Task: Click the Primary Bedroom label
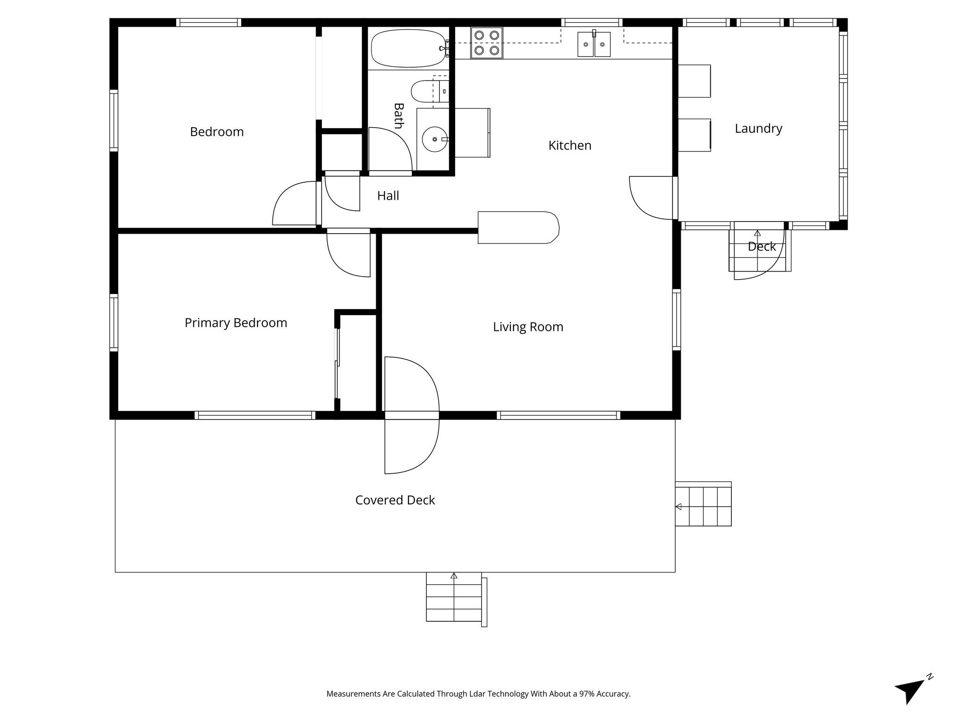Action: coord(236,323)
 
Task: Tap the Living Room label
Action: coord(528,327)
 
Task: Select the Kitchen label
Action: coord(570,145)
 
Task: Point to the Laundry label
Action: coord(758,129)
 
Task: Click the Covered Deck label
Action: coord(395,500)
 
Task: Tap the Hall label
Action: coord(388,196)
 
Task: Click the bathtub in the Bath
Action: coord(408,49)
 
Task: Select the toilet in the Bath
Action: coord(430,91)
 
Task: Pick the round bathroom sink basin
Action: coord(435,139)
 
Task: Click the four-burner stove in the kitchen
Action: coord(486,43)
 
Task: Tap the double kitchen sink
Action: coord(594,44)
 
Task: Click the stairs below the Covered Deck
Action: coord(456,599)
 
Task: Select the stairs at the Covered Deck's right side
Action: coord(703,504)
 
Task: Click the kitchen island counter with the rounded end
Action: coord(518,228)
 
